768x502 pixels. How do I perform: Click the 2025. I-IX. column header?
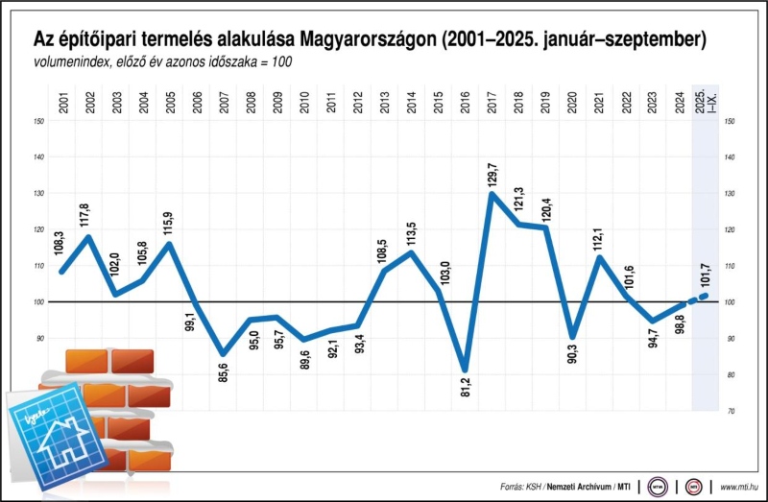[x=706, y=101]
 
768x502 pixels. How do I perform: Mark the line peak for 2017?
[x=492, y=194]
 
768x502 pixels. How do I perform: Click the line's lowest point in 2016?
[x=465, y=370]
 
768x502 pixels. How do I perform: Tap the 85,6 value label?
[x=224, y=374]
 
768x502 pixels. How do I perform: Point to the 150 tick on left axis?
[x=39, y=121]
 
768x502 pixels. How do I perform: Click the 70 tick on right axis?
[x=731, y=411]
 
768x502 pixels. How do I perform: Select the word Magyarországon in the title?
[x=371, y=40]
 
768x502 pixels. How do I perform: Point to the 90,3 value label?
[x=572, y=362]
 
